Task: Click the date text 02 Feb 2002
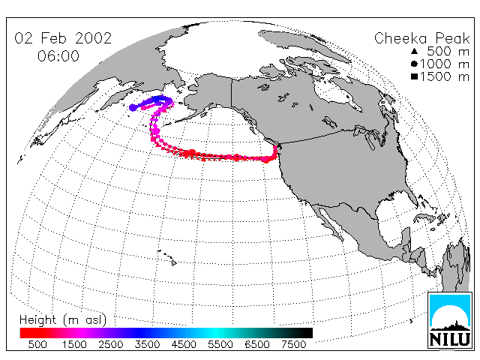coord(63,38)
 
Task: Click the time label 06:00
coord(58,56)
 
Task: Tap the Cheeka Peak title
coord(421,39)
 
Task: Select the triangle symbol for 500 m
coord(414,51)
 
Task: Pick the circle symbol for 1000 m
coord(414,64)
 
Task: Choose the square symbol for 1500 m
coord(414,76)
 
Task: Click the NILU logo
coord(450,320)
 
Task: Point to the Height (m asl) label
coord(63,320)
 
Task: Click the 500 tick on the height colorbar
coord(37,344)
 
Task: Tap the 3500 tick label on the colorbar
coord(147,344)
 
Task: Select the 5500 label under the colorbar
coord(220,344)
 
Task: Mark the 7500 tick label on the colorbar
coord(293,344)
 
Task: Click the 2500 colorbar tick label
coord(111,344)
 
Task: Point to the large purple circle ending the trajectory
coord(133,108)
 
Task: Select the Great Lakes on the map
coord(368,135)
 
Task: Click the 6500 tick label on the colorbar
coord(257,344)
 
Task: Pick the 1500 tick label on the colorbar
coord(74,344)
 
